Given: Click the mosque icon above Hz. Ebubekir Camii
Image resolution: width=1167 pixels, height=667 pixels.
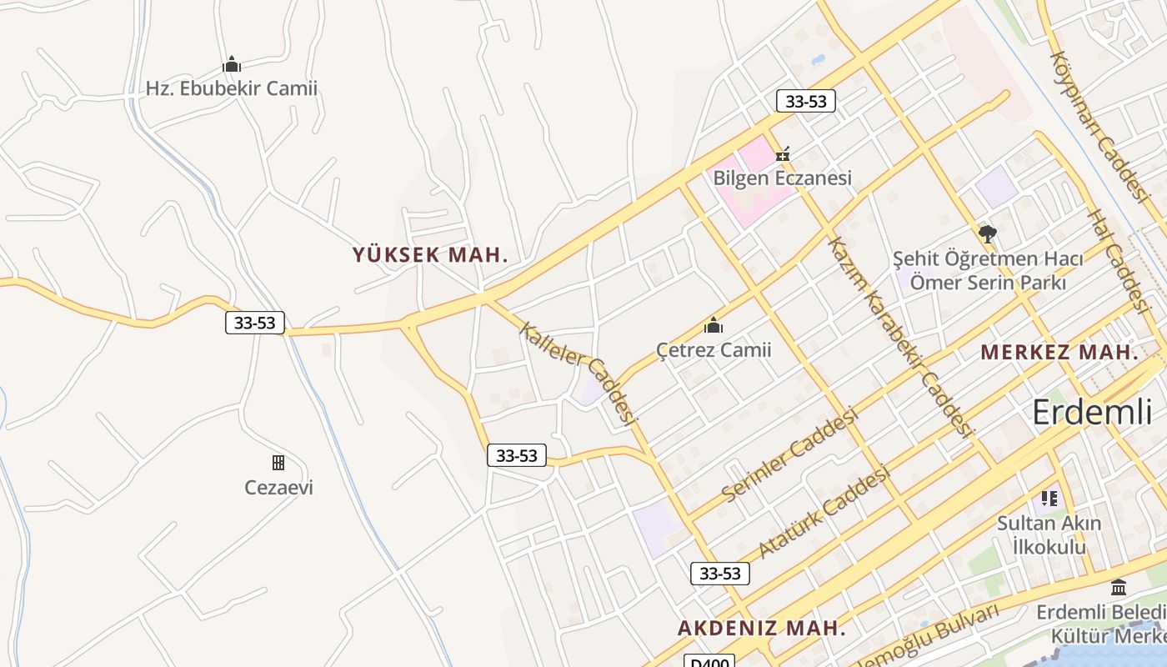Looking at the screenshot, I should (232, 64).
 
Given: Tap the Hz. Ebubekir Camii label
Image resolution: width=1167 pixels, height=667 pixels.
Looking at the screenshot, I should (232, 88).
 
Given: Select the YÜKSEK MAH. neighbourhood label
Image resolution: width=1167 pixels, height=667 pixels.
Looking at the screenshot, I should (430, 255).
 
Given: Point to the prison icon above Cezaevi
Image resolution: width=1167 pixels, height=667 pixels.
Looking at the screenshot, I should (278, 463).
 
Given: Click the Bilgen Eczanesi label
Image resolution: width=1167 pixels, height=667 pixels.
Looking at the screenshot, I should (783, 178).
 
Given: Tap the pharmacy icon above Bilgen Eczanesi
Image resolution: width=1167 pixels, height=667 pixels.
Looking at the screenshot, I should (783, 154).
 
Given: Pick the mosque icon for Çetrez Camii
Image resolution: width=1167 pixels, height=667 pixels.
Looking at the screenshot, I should (714, 325).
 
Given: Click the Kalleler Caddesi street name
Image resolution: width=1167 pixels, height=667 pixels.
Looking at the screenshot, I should (578, 372).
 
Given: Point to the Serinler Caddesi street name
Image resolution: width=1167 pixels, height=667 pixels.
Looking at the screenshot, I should (789, 454).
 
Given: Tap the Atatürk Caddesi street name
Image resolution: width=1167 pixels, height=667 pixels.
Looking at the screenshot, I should (824, 511).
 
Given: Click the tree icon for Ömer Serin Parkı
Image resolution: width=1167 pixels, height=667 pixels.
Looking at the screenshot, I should (988, 233).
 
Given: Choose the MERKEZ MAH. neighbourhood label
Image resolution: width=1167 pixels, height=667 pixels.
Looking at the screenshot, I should (1059, 353).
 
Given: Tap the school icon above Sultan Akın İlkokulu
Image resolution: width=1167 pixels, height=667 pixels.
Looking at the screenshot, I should (1049, 499).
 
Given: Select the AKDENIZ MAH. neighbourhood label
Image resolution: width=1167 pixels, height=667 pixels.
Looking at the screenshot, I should (762, 629).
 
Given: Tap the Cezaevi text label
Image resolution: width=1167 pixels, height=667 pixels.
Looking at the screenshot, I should (278, 488).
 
